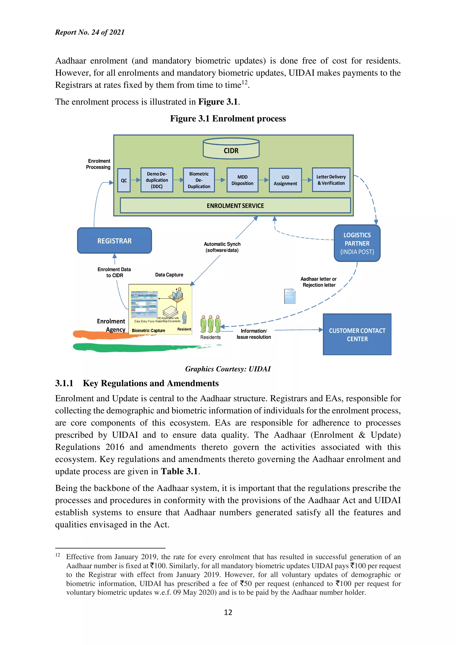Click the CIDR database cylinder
[231, 149]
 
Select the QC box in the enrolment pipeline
[124, 180]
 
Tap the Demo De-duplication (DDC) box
[157, 180]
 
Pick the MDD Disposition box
[242, 180]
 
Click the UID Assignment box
[285, 180]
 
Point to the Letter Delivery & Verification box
[331, 180]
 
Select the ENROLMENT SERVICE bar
[235, 206]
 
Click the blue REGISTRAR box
[114, 241]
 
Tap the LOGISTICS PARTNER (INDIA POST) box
[357, 243]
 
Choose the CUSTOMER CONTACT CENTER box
[357, 335]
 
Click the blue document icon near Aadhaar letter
[290, 296]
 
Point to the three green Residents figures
[210, 324]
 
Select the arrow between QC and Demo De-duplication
[135, 180]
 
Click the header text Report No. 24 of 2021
[90, 32]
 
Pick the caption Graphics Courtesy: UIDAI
[228, 369]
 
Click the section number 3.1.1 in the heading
[64, 383]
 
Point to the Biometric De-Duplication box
[199, 180]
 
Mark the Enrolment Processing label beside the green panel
[98, 164]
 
